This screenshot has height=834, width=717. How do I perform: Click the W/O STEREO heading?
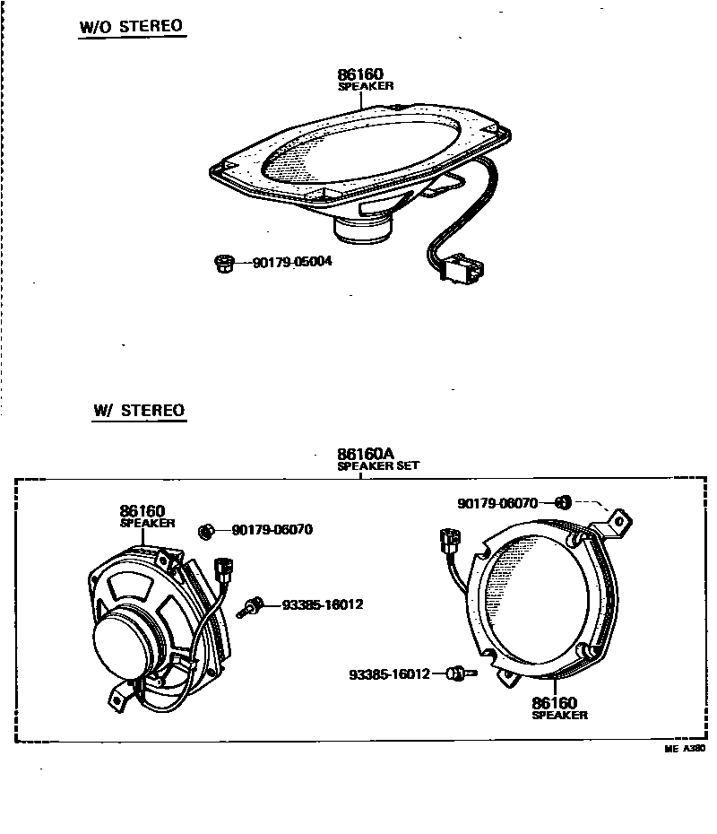coord(132,25)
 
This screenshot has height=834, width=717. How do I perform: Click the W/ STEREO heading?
coord(139,412)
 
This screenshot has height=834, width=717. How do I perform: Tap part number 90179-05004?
coord(292,263)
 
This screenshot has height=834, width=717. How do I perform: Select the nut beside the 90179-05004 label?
coord(224,264)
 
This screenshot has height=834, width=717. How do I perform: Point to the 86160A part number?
coord(365,454)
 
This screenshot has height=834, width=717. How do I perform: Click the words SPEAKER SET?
coord(377,466)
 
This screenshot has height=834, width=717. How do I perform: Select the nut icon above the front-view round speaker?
coord(564,502)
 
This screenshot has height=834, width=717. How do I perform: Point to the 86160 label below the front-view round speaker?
coord(554,703)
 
